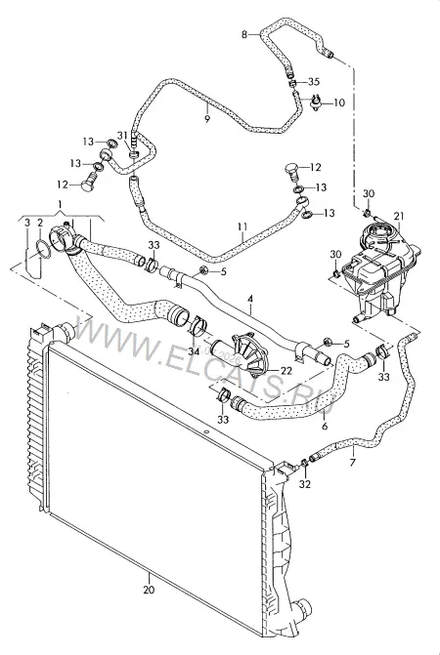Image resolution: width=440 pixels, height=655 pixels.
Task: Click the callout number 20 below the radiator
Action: [149, 590]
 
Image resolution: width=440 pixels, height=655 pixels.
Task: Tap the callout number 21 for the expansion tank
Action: [399, 216]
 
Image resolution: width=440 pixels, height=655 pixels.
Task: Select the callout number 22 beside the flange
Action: [286, 371]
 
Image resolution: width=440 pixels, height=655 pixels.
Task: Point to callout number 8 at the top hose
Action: [244, 34]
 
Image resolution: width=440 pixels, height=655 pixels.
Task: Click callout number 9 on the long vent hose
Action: [207, 119]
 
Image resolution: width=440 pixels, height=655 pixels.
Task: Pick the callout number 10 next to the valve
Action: [339, 102]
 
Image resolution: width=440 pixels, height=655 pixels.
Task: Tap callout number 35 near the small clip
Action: [314, 81]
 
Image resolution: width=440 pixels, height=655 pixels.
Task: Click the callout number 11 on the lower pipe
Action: [242, 226]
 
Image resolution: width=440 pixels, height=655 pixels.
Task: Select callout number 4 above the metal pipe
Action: [250, 299]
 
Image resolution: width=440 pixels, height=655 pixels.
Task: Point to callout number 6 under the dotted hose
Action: [325, 426]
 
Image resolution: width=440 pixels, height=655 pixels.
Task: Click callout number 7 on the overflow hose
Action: [353, 463]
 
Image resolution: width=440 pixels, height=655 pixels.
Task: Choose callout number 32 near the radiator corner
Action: [305, 484]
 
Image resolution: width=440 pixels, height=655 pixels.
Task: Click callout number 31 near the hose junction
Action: [122, 135]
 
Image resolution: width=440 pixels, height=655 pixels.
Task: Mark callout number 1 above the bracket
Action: [61, 204]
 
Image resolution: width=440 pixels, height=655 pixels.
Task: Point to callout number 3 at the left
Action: [27, 223]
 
